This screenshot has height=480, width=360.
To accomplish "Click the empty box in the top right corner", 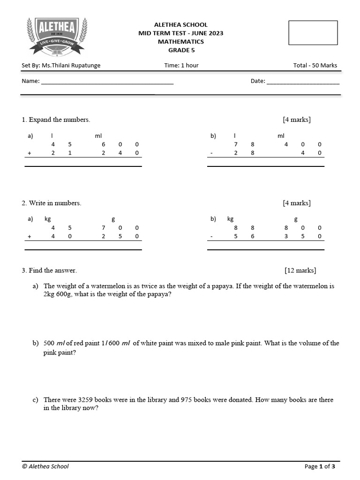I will [313, 33].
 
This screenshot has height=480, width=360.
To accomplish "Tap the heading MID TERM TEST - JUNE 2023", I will [180, 33].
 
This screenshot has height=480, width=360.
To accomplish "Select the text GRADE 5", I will [180, 50].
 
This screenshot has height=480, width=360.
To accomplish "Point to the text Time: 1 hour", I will [181, 66].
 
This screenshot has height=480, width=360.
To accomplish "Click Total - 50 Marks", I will [315, 66].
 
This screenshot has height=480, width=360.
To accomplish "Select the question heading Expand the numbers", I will [59, 120].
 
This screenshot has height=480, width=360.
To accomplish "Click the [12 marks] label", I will [300, 270].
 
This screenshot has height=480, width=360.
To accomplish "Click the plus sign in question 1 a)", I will [29, 153].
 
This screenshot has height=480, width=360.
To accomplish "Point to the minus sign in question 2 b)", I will [211, 237].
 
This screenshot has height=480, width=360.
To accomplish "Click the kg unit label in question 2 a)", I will [47, 219].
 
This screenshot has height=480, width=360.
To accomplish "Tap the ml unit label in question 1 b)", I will [281, 136].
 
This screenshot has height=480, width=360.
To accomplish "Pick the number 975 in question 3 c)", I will [187, 400].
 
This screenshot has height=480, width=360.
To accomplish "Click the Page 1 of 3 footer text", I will [320, 466].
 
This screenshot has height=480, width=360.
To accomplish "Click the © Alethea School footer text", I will [45, 466].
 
